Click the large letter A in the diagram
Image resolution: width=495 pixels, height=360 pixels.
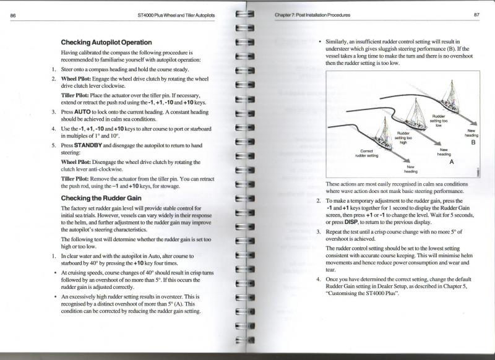tap(451, 161)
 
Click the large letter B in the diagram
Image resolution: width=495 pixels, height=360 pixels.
tap(473, 142)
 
